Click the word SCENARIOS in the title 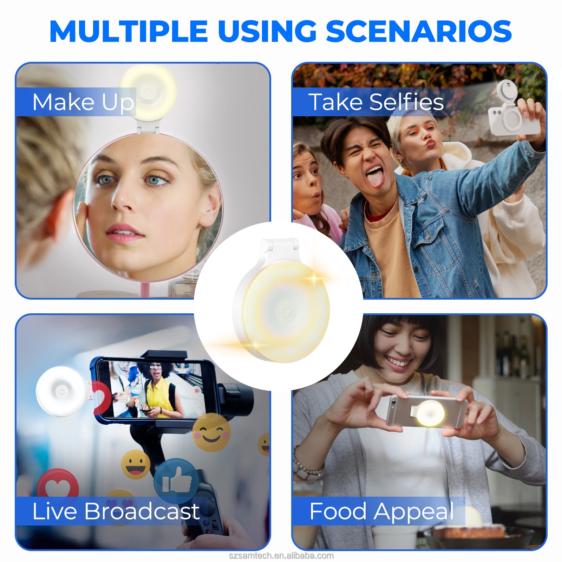419,31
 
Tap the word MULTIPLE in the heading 129,31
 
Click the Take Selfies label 376,102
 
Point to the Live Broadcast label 116,511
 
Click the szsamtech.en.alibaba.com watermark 281,556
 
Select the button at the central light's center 285,311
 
